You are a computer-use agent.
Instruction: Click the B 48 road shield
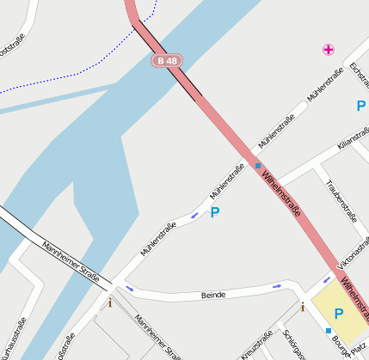click(x=166, y=61)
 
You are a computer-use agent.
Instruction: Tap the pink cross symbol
click(x=328, y=50)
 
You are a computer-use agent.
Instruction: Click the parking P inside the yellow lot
click(x=339, y=314)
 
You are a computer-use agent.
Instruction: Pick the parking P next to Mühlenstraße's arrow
click(x=215, y=211)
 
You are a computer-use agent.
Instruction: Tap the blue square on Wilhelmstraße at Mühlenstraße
click(x=257, y=165)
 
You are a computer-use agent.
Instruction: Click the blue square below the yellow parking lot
click(x=329, y=330)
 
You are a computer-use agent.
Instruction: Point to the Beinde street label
click(x=212, y=295)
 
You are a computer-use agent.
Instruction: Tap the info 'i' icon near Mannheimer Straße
click(x=110, y=302)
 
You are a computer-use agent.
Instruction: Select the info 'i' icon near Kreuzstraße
click(x=303, y=307)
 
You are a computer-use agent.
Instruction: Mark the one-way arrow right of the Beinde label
click(x=277, y=286)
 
